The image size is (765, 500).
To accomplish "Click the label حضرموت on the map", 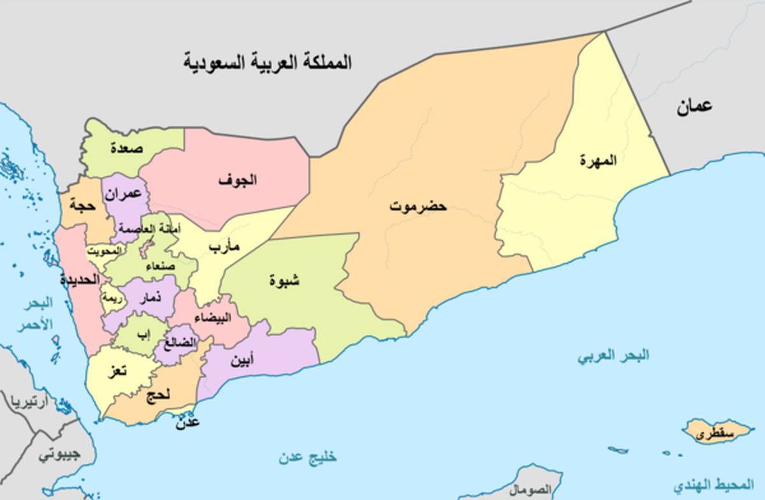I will pyautogui.click(x=419, y=207).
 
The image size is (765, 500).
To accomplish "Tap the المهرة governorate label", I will pyautogui.click(x=599, y=160).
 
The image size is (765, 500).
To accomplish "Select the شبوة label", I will pyautogui.click(x=286, y=280).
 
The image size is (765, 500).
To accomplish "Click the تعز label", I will pyautogui.click(x=117, y=372).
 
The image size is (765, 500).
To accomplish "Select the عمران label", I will pyautogui.click(x=126, y=195).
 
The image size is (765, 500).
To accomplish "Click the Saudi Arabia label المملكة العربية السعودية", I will pyautogui.click(x=268, y=62).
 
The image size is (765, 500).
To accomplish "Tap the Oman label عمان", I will pyautogui.click(x=694, y=107).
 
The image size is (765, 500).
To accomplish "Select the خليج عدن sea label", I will pyautogui.click(x=307, y=457).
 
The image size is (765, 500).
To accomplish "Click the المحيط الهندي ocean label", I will pyautogui.click(x=712, y=487).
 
